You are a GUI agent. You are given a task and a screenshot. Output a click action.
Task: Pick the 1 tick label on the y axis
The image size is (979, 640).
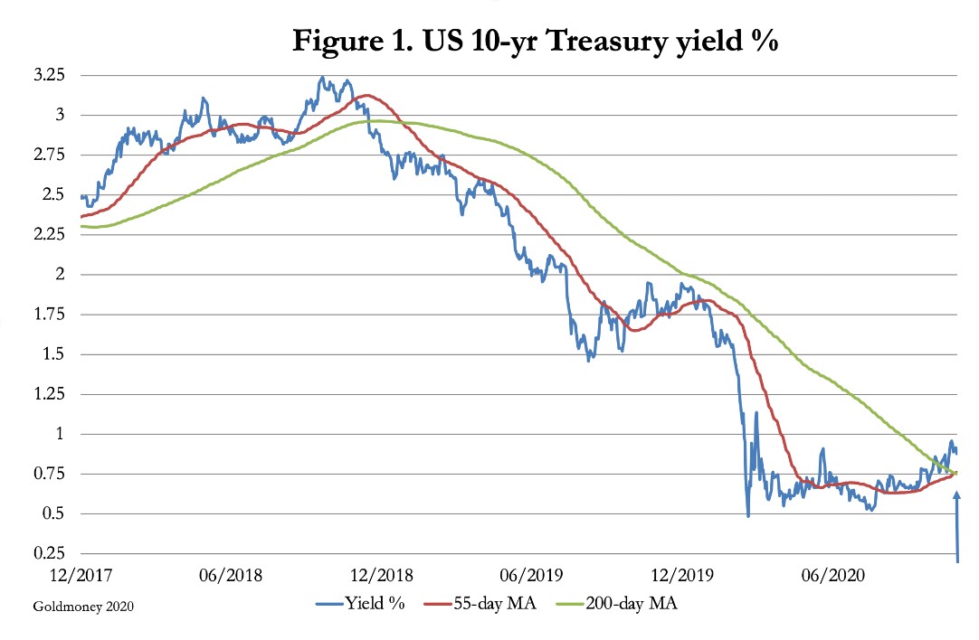(x=62, y=434)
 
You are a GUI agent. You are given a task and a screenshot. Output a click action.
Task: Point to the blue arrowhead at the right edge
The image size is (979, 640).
(x=957, y=496)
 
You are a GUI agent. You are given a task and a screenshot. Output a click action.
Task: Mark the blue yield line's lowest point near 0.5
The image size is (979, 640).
(x=748, y=515)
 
